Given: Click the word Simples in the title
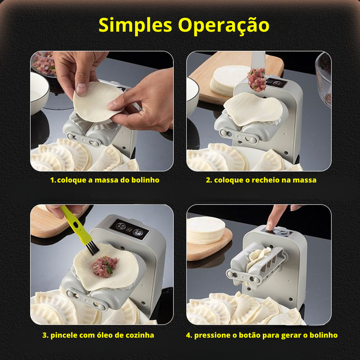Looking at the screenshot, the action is (135, 26).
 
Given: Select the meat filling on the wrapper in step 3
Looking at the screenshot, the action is (104, 266).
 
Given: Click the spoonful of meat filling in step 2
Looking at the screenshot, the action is (256, 80).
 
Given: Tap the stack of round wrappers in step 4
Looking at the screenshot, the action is (205, 230).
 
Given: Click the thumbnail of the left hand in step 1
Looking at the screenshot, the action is (81, 89).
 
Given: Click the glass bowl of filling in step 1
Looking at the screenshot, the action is (42, 63).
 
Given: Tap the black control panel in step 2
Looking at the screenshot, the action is (277, 83).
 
